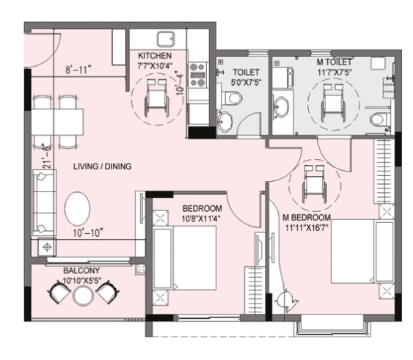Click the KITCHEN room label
[x=155, y=56]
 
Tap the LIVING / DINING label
[x=102, y=166]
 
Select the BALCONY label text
[x=81, y=271]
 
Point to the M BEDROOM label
[x=307, y=218]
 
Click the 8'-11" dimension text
[x=78, y=70]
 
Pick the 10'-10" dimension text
[x=88, y=233]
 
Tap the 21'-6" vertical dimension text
[x=47, y=156]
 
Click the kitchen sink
[x=166, y=40]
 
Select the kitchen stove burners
[x=198, y=75]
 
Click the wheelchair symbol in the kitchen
[x=157, y=98]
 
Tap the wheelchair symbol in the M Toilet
[x=333, y=103]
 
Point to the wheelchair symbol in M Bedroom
[x=315, y=184]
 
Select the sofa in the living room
[x=44, y=203]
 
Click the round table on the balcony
[x=83, y=295]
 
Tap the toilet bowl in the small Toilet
[x=232, y=98]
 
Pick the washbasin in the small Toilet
[x=224, y=122]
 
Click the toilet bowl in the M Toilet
[x=379, y=119]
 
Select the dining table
[x=57, y=122]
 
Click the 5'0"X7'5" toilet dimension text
[x=246, y=82]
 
